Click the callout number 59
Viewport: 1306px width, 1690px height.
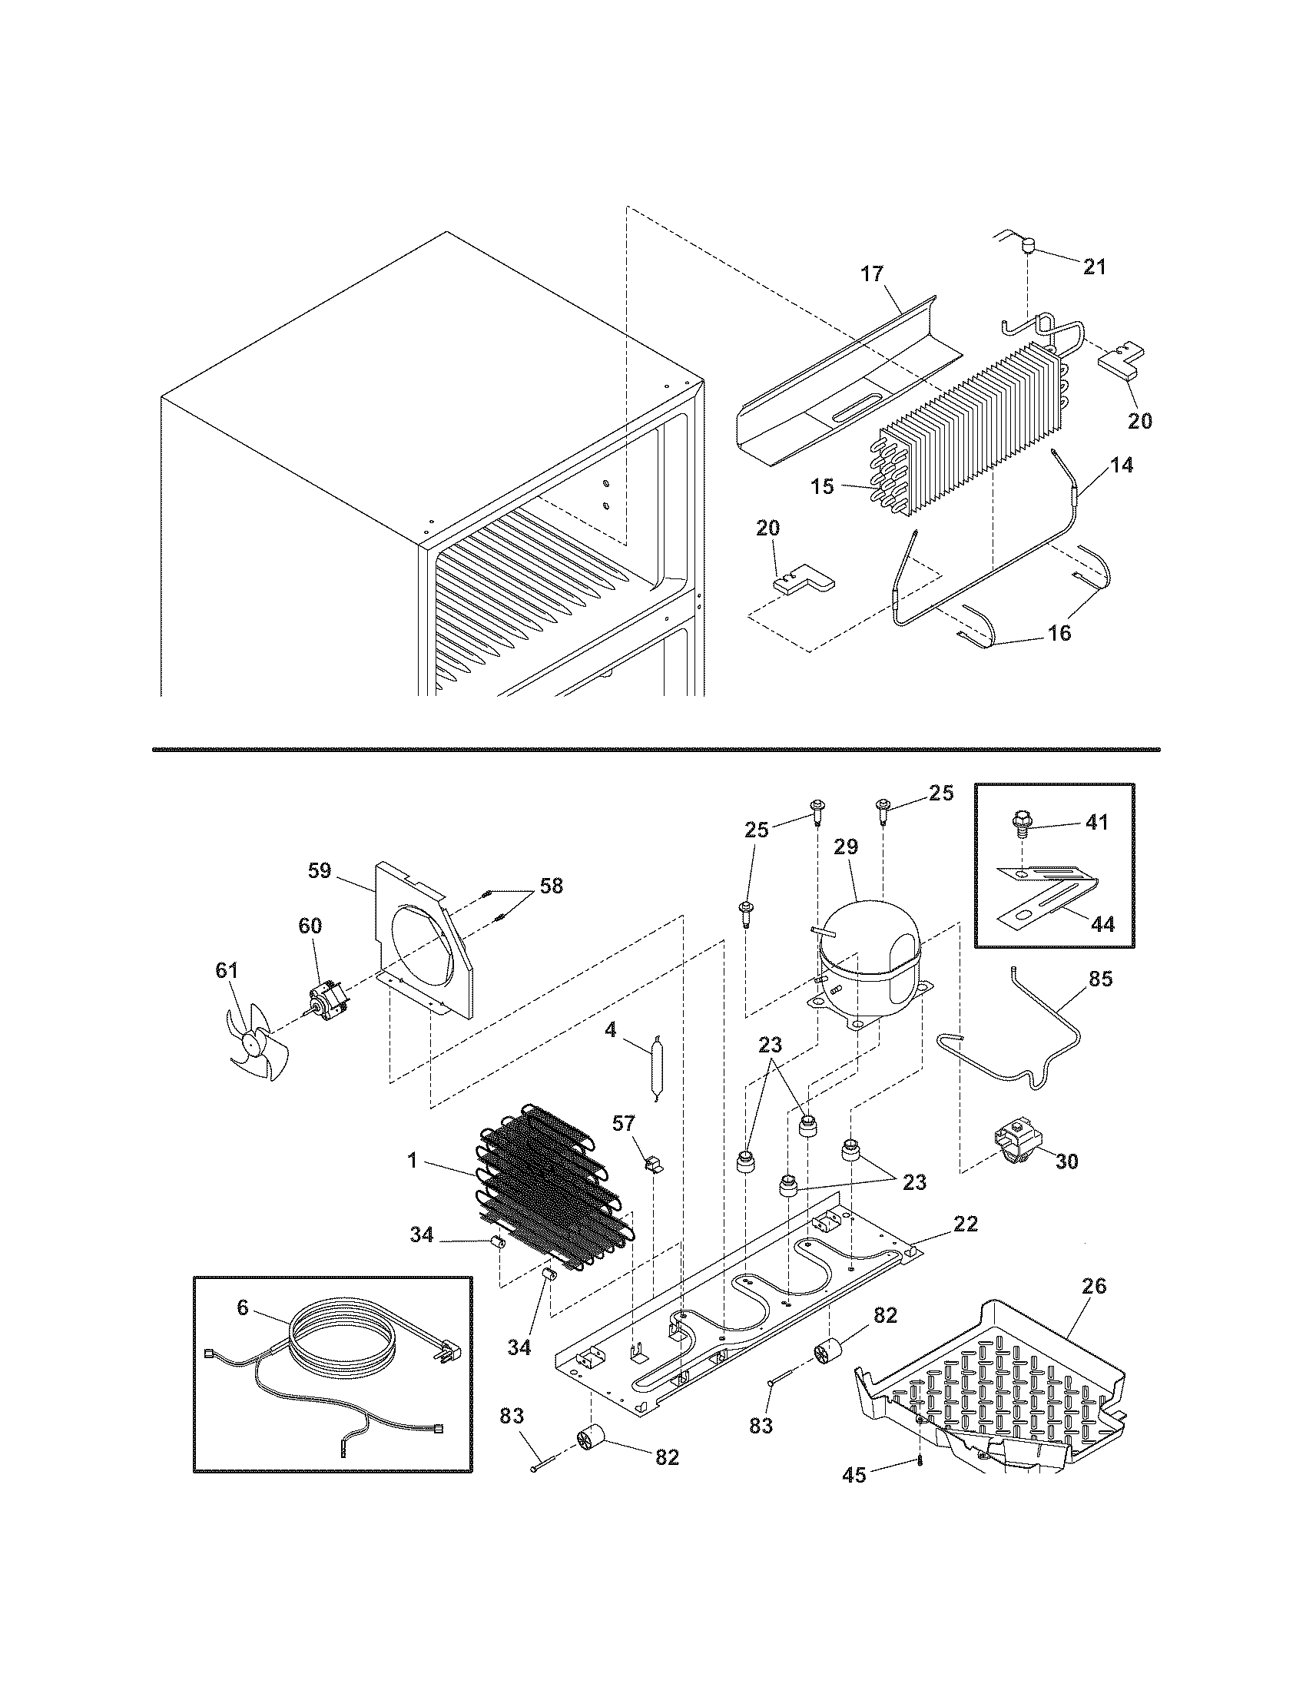point(319,871)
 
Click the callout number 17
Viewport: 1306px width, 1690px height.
point(871,274)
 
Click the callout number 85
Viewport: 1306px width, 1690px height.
point(1100,979)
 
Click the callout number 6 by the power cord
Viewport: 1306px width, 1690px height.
point(243,1307)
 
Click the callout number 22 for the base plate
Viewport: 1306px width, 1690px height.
point(966,1224)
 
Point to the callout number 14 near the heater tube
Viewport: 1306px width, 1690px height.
point(1122,465)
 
